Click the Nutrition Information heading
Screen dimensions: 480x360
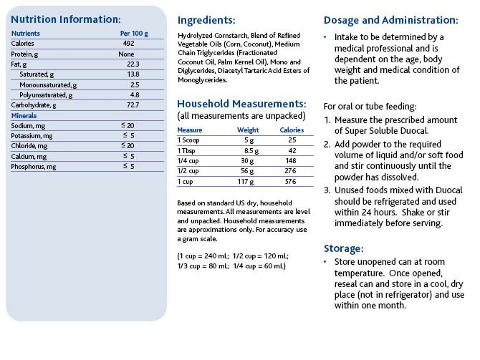click(x=66, y=19)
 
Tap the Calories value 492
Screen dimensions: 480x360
click(x=128, y=44)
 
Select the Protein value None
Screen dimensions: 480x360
click(x=126, y=54)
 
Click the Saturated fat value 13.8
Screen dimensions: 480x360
click(x=133, y=74)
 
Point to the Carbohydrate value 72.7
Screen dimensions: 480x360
click(x=133, y=105)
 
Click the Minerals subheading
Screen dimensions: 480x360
click(x=24, y=116)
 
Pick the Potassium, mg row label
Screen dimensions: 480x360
click(x=32, y=136)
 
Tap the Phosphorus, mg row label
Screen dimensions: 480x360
click(x=34, y=167)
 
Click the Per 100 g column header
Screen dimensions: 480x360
click(x=134, y=34)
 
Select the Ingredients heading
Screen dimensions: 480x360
click(x=206, y=20)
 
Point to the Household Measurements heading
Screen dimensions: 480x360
click(x=241, y=104)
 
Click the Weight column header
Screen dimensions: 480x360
click(x=248, y=130)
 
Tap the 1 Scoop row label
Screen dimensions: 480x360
click(x=188, y=140)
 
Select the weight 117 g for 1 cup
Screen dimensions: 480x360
click(x=246, y=182)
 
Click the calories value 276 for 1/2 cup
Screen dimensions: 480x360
click(x=291, y=170)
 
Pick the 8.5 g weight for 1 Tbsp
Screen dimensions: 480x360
click(x=251, y=151)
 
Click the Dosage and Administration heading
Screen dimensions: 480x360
click(x=391, y=20)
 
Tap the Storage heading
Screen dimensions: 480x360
click(x=344, y=248)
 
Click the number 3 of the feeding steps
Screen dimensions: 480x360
click(x=327, y=190)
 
